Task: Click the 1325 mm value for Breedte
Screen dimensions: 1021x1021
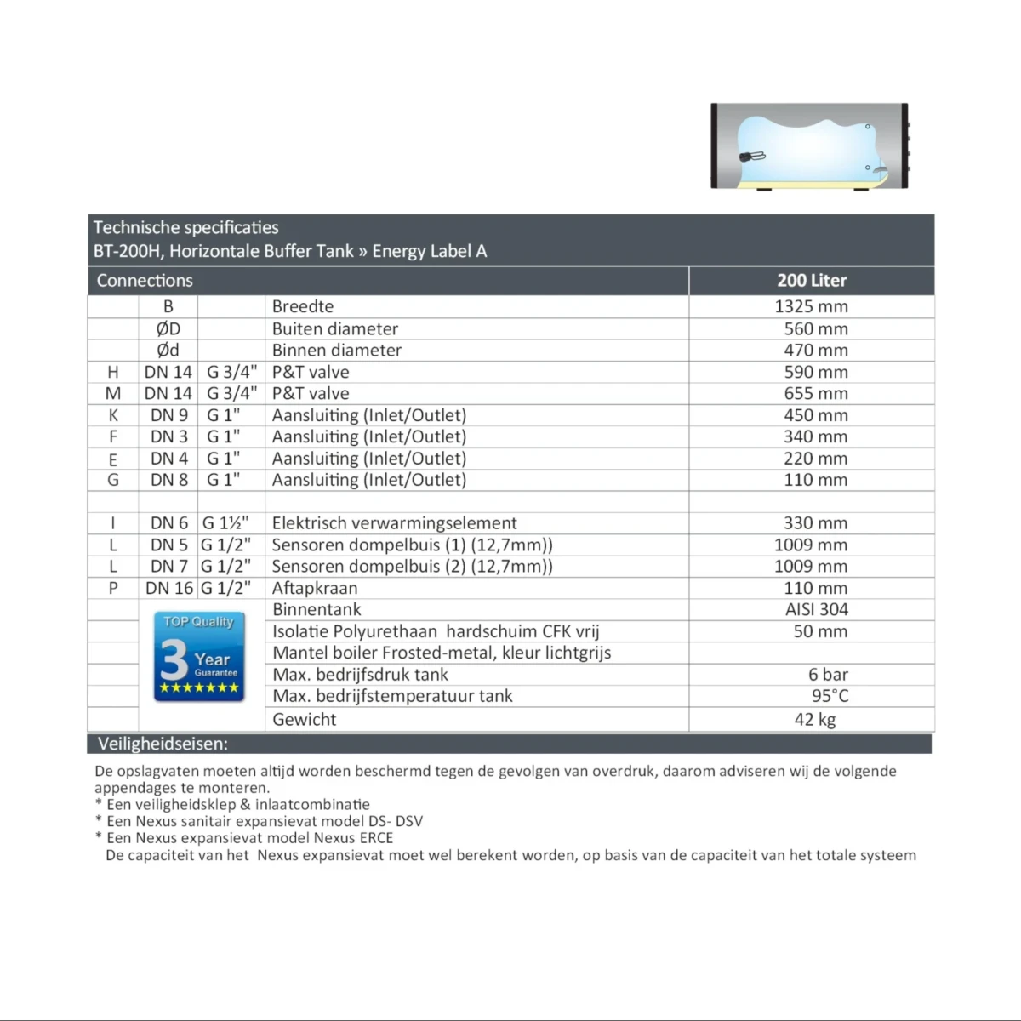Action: click(811, 306)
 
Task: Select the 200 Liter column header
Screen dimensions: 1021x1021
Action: click(812, 280)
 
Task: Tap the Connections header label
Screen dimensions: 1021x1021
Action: click(145, 280)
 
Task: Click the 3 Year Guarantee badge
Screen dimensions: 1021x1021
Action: click(199, 657)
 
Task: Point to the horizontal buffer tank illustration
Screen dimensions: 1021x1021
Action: click(809, 146)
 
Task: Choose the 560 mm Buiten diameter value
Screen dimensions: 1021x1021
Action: click(816, 328)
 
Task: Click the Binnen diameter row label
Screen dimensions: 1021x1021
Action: click(336, 350)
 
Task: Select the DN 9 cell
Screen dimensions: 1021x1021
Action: click(169, 415)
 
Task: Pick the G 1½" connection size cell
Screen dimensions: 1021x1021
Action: click(225, 523)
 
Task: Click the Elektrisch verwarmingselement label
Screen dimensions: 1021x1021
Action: click(394, 523)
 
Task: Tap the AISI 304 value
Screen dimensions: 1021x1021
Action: click(816, 609)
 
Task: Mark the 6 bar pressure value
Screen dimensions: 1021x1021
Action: click(828, 675)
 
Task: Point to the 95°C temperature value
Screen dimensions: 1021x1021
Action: click(830, 696)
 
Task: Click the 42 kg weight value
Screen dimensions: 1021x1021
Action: click(815, 719)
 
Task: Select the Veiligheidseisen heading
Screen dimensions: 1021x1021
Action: click(163, 744)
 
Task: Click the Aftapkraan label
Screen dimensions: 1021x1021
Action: click(315, 588)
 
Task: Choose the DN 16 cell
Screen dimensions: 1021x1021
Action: click(169, 588)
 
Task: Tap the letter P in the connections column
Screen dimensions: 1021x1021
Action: click(113, 588)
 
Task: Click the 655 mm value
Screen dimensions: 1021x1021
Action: click(816, 393)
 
